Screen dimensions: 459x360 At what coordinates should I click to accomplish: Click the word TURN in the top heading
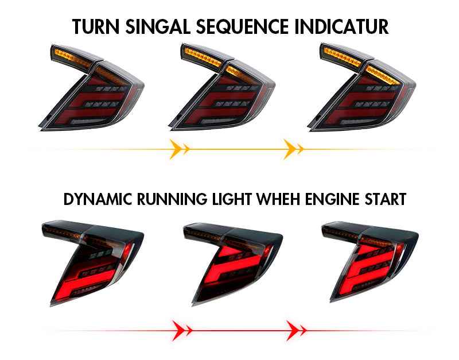95,26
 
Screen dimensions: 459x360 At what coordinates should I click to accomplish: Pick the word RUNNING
172,199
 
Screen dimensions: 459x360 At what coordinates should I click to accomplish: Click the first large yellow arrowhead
176,149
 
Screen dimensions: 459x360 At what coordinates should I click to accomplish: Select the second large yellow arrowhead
290,149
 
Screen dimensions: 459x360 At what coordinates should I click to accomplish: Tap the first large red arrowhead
179,331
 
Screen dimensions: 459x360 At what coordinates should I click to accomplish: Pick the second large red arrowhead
293,331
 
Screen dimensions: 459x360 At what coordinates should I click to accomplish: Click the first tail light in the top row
91,88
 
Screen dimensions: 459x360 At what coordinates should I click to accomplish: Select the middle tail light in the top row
221,87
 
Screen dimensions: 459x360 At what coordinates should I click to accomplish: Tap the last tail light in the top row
362,87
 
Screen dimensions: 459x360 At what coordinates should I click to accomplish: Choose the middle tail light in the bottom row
233,264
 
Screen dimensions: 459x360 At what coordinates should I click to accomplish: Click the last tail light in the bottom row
370,262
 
